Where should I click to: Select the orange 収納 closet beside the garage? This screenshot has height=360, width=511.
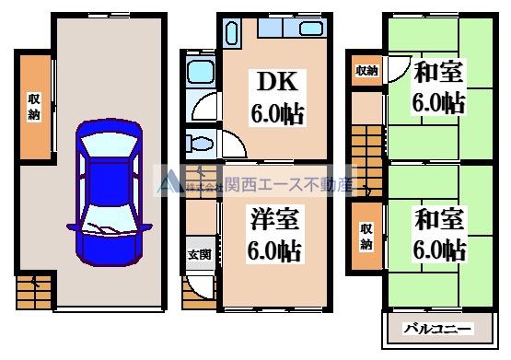(x=32, y=108)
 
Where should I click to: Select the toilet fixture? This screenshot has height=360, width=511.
(x=201, y=142)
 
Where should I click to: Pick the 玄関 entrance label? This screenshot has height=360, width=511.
(x=200, y=255)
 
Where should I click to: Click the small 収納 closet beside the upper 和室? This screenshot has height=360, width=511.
(x=366, y=71)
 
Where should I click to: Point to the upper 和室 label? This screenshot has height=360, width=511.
(x=438, y=71)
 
